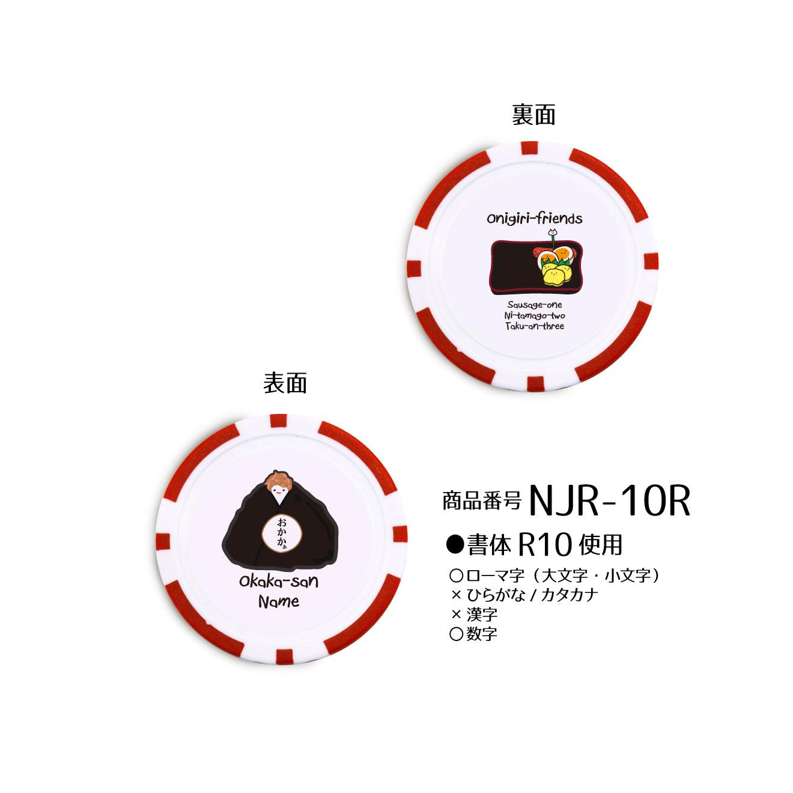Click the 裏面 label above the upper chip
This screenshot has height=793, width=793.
pos(533,114)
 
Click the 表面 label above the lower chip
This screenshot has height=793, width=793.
pos(285,383)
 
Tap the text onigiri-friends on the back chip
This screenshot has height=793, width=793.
pos(534,218)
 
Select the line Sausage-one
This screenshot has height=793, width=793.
pos(534,305)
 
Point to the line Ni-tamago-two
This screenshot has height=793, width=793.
pos(535,315)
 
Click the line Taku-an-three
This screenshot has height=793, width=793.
pos(535,326)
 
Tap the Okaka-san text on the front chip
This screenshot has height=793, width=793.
pos(279,582)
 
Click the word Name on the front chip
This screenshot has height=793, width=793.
pos(279,602)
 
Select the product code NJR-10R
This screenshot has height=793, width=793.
pos(609,501)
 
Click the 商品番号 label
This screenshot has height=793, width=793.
pos(481,501)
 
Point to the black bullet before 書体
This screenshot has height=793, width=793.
pos(455,545)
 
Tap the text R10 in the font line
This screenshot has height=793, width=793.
pos(545,545)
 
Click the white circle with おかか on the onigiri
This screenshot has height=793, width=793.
pos(283,533)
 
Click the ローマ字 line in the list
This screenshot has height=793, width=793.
pos(555,575)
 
